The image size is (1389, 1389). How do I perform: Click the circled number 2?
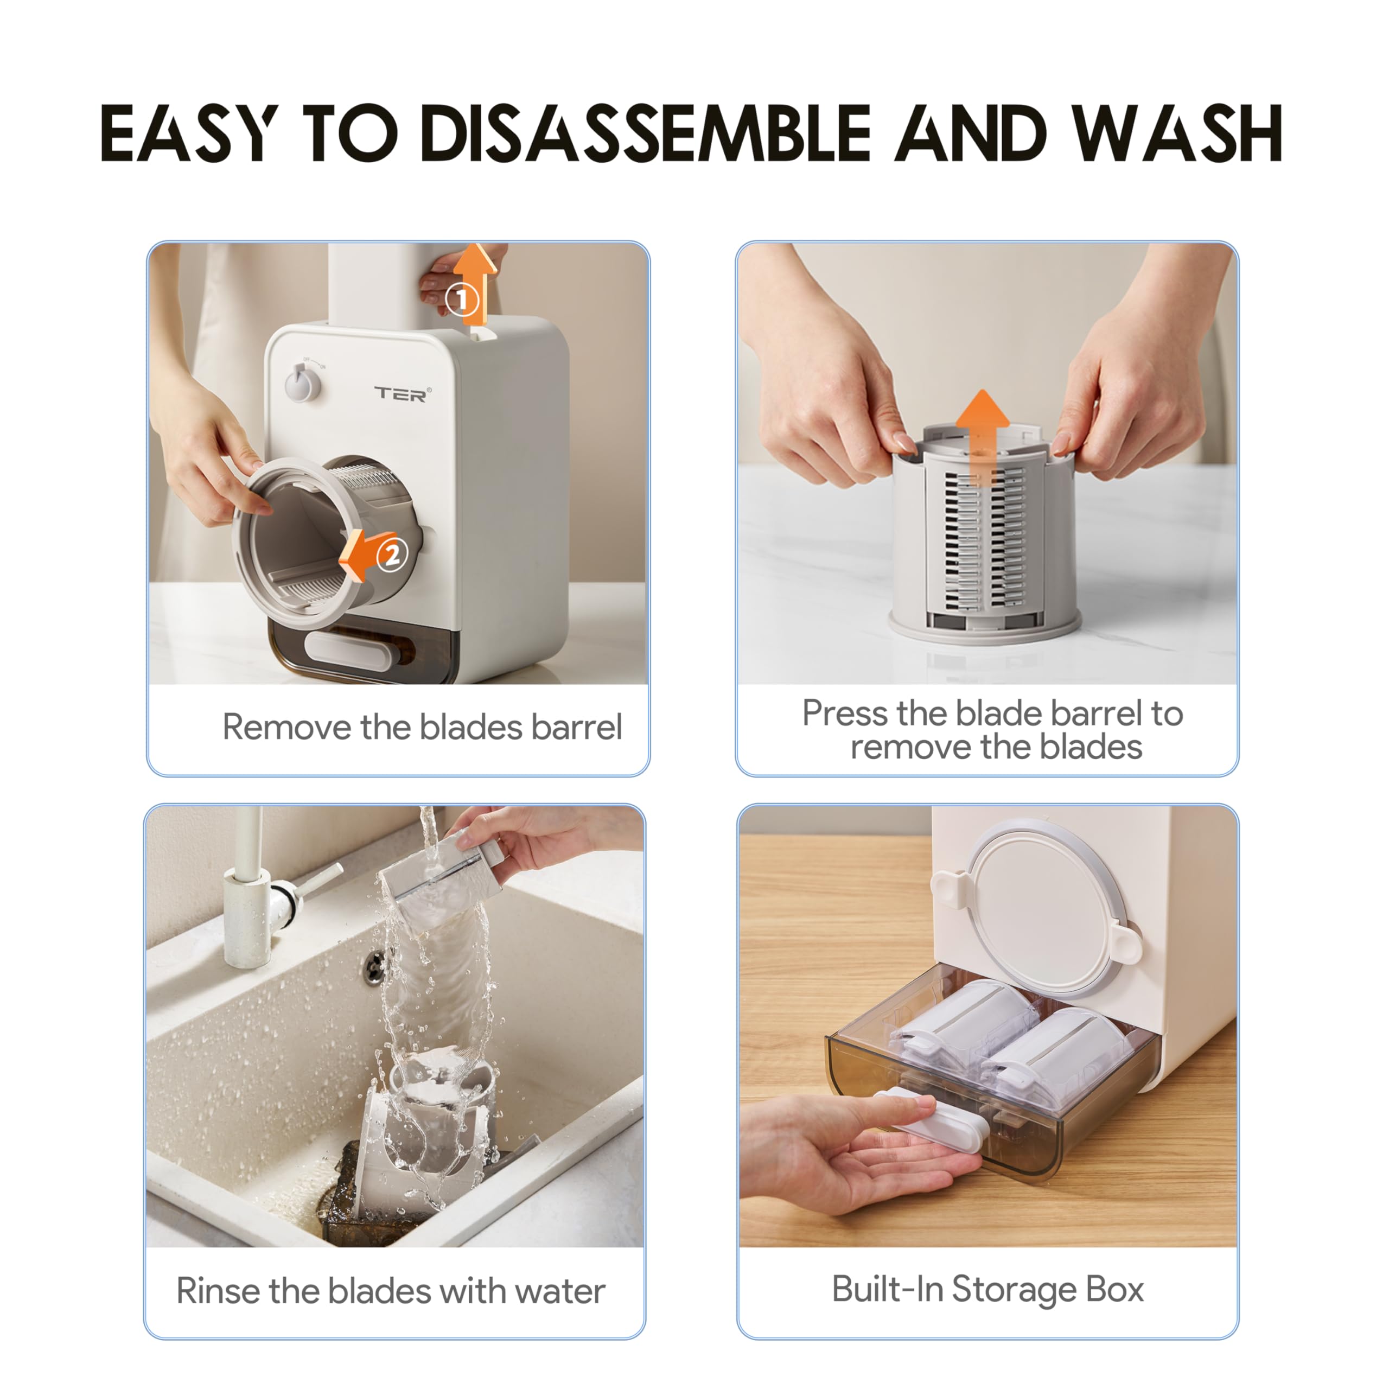pyautogui.click(x=392, y=553)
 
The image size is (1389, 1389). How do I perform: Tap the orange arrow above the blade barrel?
pyautogui.click(x=982, y=431)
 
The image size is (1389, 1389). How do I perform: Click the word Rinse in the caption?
pyautogui.click(x=217, y=1290)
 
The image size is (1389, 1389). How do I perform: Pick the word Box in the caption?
pyautogui.click(x=1114, y=1289)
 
